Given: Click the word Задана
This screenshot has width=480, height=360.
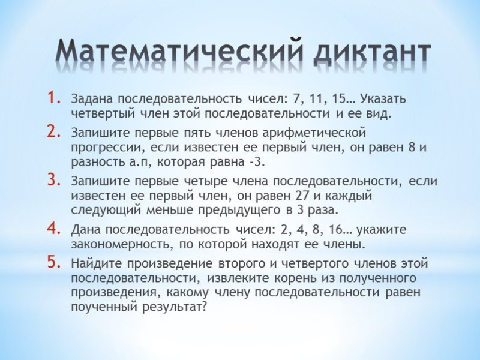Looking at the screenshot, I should coord(92,98).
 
